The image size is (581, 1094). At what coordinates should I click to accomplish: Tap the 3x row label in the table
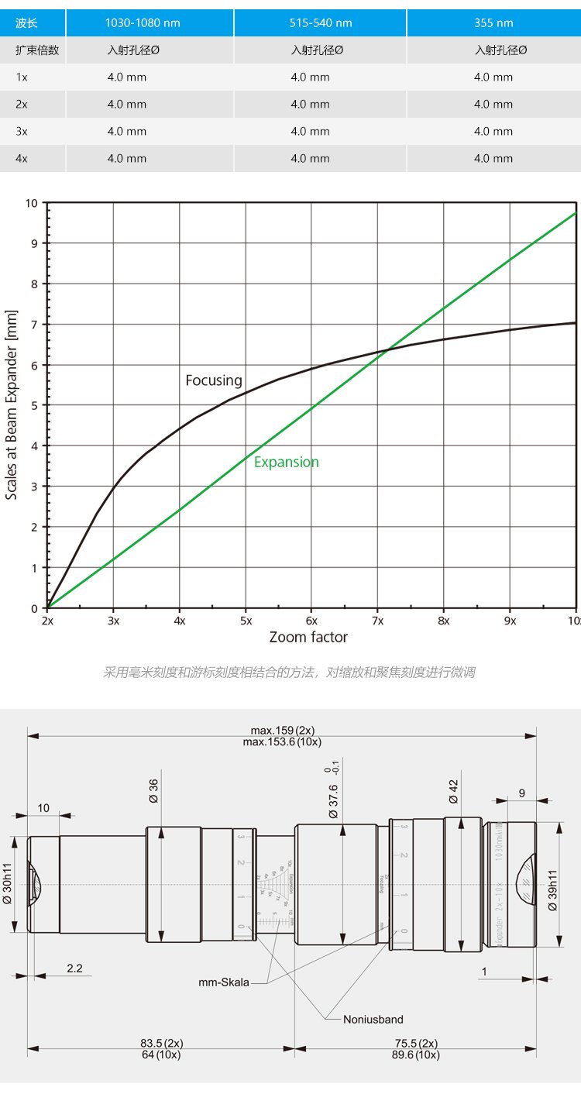point(22,132)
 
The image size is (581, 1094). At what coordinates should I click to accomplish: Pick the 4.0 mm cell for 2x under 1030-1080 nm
point(127,105)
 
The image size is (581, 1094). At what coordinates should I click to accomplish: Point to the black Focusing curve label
point(214,380)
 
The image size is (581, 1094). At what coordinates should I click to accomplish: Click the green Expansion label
point(287,463)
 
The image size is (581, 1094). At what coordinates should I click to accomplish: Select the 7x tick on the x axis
point(378,621)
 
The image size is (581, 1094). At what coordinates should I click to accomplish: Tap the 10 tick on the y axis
point(31,203)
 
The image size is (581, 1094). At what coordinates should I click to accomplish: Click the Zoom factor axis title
point(308,638)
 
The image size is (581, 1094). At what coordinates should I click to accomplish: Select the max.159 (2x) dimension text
point(282,730)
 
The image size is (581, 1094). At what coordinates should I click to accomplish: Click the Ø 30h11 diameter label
point(8,884)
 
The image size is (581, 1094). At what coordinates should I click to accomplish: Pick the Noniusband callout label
point(373,1020)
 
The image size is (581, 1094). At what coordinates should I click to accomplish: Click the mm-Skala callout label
point(224,982)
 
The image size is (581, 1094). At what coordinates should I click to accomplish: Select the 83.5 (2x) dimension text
point(161,1042)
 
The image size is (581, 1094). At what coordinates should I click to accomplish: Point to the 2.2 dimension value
point(75,968)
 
